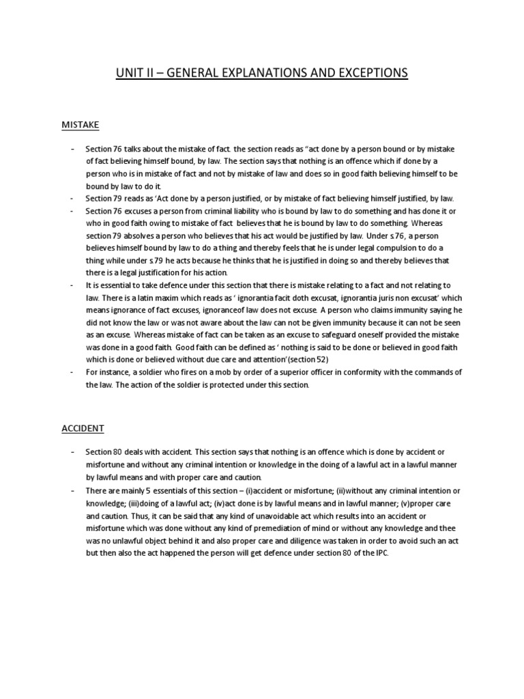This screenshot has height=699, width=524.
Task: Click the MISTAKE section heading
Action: pyautogui.click(x=81, y=125)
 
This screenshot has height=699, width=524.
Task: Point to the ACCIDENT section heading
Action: pyautogui.click(x=83, y=428)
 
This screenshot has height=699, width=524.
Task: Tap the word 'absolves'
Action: pyautogui.click(x=136, y=236)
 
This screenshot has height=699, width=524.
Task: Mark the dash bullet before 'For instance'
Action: pyautogui.click(x=73, y=371)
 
